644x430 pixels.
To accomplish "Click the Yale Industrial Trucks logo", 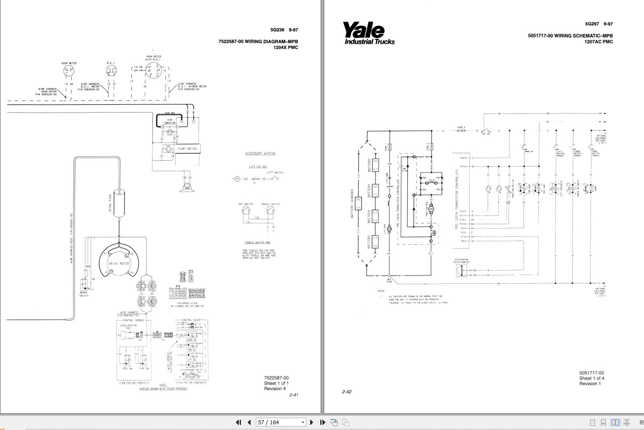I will tap(368, 34).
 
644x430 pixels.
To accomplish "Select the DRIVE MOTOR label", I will tap(119, 263).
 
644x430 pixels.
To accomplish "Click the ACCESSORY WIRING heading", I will tap(260, 154).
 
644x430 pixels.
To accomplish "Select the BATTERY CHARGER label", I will tap(352, 204).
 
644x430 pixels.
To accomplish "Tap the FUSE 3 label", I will tap(461, 127).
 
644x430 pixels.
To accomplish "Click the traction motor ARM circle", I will tap(431, 209).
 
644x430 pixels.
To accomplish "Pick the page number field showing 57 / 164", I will tap(280, 422).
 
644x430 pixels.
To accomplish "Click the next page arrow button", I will tap(311, 422).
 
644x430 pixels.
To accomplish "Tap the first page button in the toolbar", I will tap(238, 422).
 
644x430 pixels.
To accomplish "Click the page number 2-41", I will tap(294, 395).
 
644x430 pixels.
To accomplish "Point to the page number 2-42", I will tap(347, 391).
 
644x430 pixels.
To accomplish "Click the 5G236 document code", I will tap(277, 30).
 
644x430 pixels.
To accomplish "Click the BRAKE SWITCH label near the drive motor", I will tap(84, 294).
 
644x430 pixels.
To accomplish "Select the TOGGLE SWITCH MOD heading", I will tap(257, 243).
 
